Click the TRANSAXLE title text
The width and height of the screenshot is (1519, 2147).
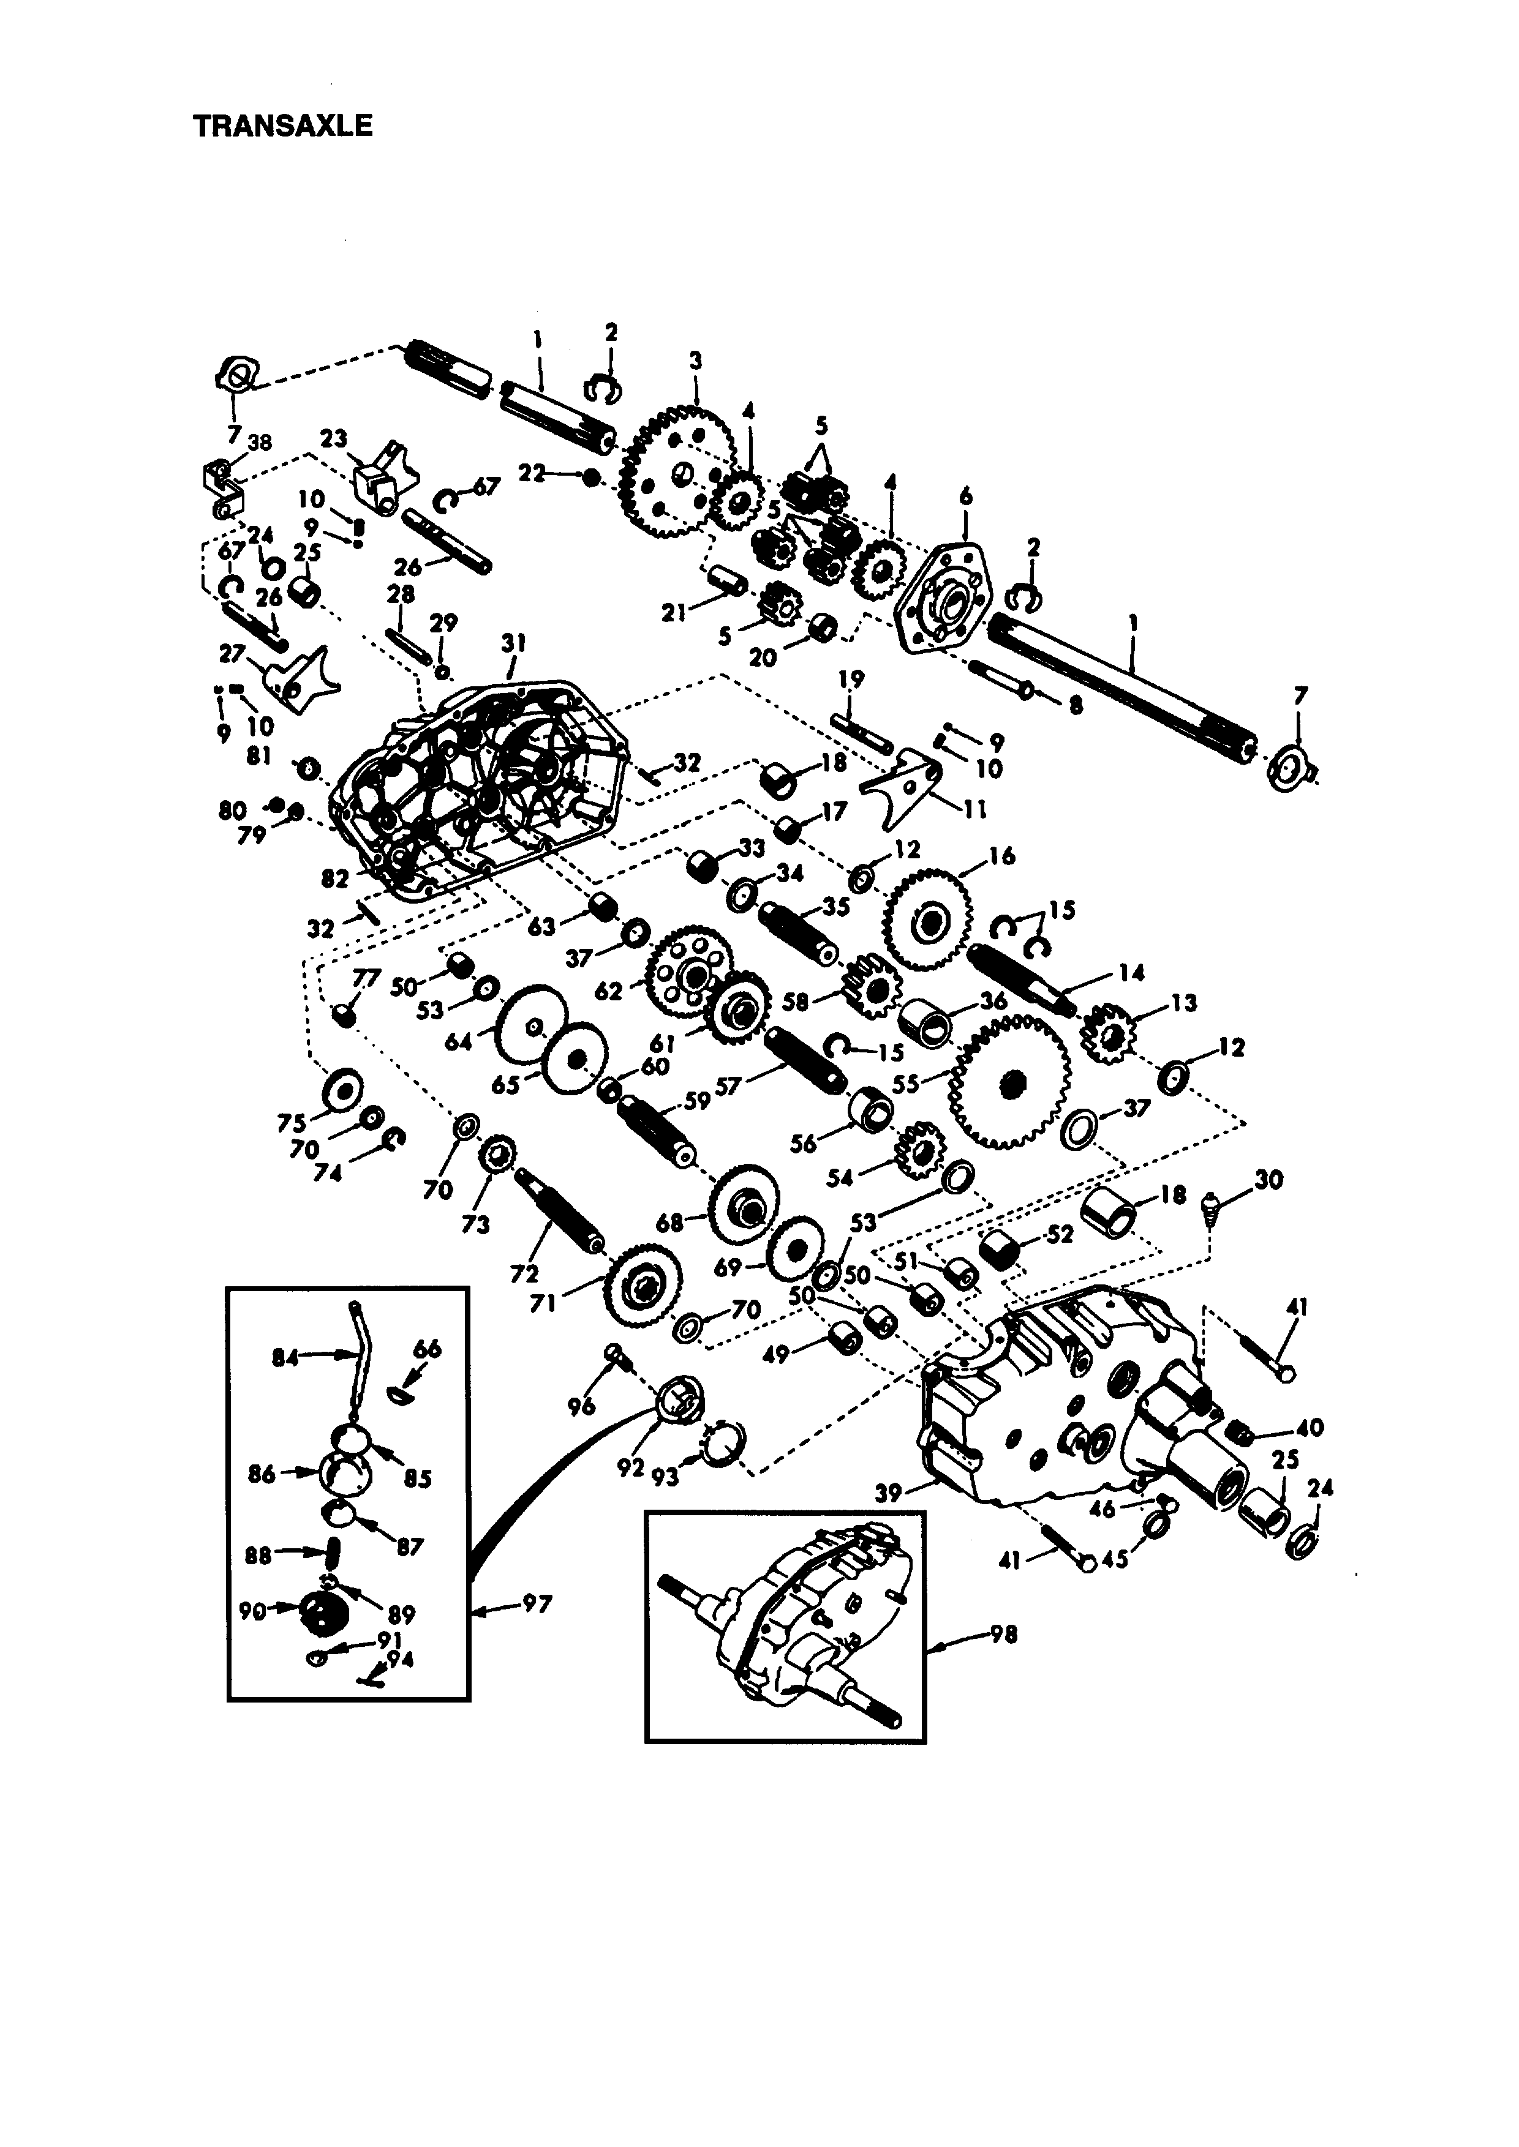click(282, 126)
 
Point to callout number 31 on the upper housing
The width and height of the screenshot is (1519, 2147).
click(513, 643)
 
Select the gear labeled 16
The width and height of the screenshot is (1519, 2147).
click(927, 922)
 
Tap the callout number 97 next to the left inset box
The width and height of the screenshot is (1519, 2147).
click(537, 1605)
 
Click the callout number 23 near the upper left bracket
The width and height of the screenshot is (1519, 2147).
click(333, 438)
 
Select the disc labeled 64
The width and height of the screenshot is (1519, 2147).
click(529, 1027)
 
